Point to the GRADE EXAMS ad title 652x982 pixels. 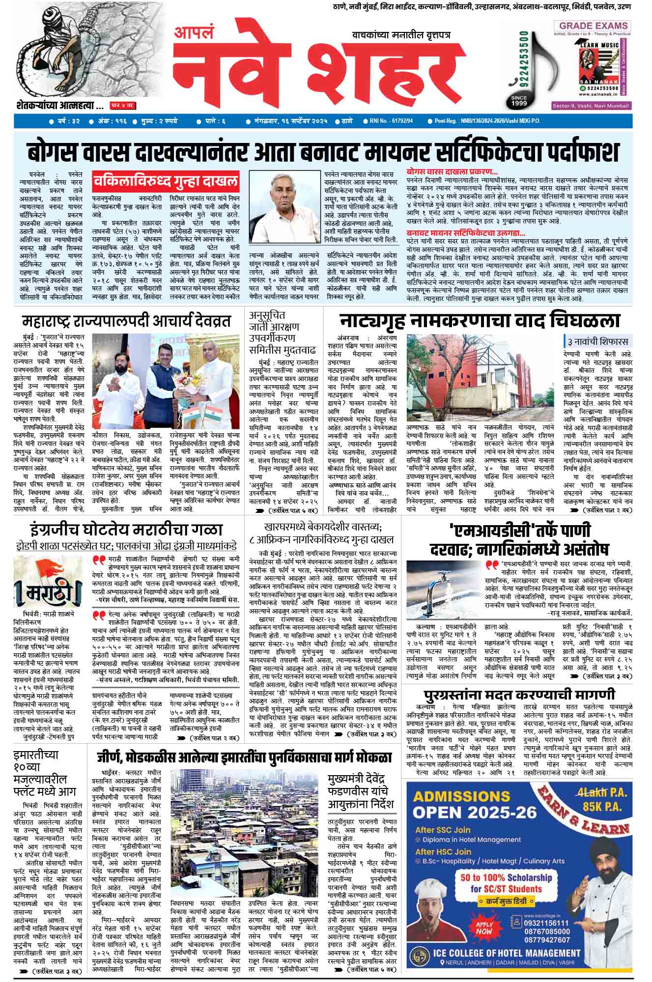click(593, 26)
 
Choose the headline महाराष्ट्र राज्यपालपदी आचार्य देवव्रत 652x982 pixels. click(126, 322)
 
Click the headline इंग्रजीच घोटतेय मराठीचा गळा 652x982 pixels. click(126, 530)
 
